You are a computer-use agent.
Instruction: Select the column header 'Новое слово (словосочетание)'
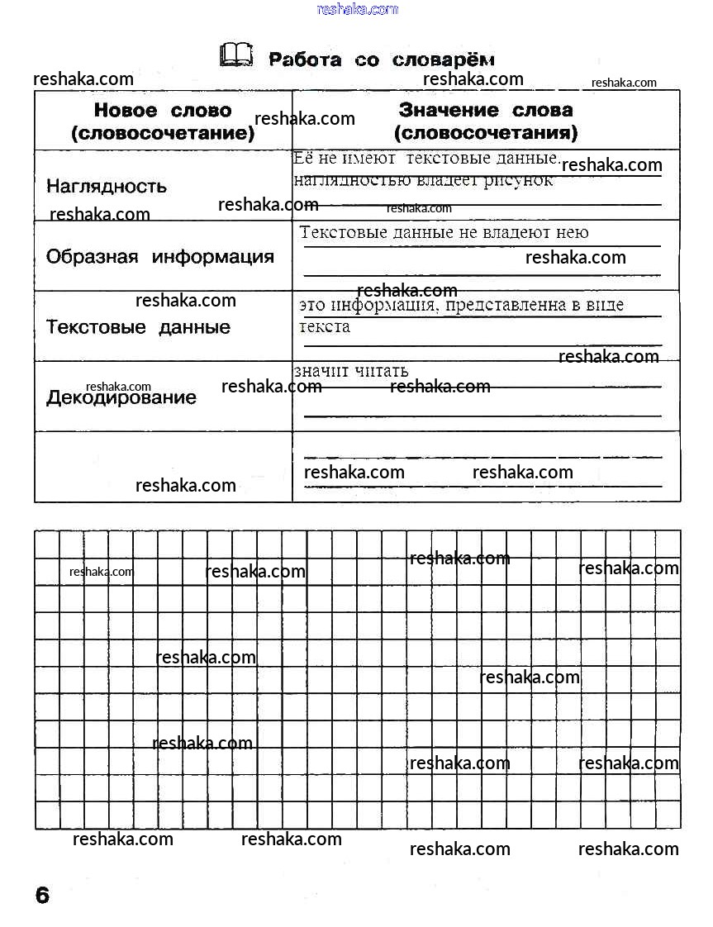point(163,121)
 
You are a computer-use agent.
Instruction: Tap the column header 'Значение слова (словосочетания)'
point(486,121)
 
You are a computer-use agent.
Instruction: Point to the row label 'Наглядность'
point(107,187)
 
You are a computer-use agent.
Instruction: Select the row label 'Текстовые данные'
point(138,327)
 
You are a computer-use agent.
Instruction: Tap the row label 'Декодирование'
point(121,397)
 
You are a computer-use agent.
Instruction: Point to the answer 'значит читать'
point(351,372)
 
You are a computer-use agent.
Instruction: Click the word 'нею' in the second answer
point(574,233)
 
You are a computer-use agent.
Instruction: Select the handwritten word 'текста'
point(325,326)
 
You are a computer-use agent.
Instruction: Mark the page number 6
point(42,895)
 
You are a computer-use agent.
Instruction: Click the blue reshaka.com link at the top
point(357,9)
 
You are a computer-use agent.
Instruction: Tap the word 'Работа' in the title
point(305,60)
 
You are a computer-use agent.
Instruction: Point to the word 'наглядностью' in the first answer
point(340,181)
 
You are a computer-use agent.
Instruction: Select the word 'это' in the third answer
point(312,306)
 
